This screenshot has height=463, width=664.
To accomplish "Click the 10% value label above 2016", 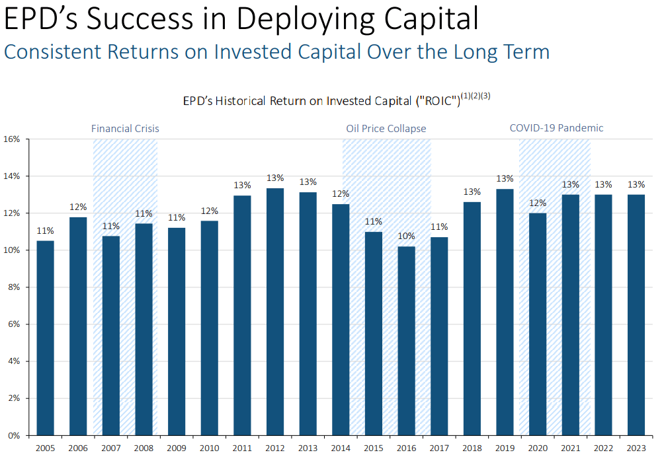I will point(406,236).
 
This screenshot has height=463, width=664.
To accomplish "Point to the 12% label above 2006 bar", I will point(78,207).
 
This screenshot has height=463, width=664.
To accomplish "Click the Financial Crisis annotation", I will point(125,128).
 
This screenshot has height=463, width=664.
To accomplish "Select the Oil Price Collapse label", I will point(386,128).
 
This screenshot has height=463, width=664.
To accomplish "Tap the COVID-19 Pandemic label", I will point(556,128).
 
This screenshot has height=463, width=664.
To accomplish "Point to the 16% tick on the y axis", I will point(14,139).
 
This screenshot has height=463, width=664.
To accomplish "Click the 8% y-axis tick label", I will point(16,287).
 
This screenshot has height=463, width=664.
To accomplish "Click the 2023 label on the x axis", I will point(635,448).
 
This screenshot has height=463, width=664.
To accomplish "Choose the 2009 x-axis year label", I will point(177,448).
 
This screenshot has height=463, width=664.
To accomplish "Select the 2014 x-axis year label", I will point(340,448).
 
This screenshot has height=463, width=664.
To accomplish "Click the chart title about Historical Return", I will point(321,101).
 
